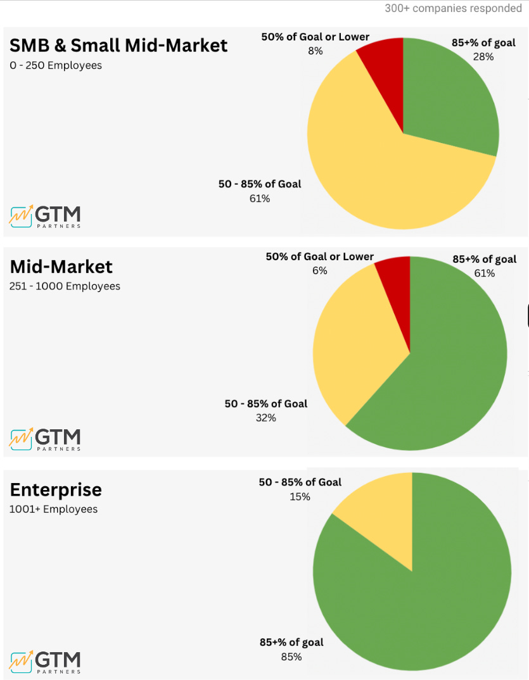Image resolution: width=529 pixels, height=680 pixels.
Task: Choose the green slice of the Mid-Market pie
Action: pyautogui.click(x=450, y=374)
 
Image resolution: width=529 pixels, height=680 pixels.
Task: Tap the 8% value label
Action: pyautogui.click(x=315, y=51)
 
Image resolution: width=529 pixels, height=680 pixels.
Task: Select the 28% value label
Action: pyautogui.click(x=483, y=57)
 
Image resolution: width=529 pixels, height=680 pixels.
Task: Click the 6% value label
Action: pyautogui.click(x=319, y=271)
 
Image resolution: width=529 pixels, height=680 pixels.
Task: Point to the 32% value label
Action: pyautogui.click(x=265, y=418)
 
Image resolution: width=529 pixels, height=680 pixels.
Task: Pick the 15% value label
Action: pyautogui.click(x=300, y=497)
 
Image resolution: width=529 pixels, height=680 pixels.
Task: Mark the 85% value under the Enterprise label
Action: pyautogui.click(x=291, y=657)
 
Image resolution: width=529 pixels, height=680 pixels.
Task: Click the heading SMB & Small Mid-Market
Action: pyautogui.click(x=118, y=46)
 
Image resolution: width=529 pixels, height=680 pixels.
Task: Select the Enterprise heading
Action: pyautogui.click(x=56, y=490)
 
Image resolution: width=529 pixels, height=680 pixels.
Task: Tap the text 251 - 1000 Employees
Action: pyautogui.click(x=65, y=286)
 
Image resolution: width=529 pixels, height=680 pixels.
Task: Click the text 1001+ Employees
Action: pyautogui.click(x=53, y=509)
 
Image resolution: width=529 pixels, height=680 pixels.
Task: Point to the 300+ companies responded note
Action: pyautogui.click(x=452, y=9)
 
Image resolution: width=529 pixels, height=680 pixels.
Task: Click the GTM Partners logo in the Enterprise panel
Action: pyautogui.click(x=45, y=661)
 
